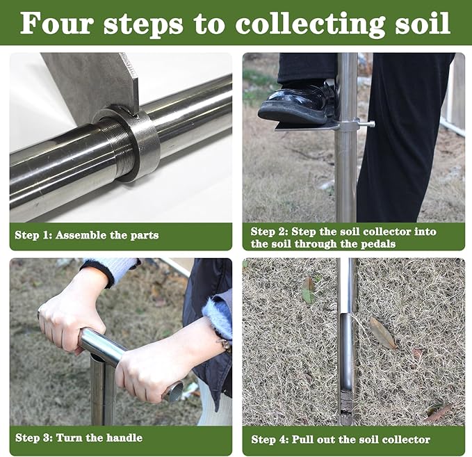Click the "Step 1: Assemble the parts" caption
(x=86, y=235)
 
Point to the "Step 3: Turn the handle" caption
(x=79, y=438)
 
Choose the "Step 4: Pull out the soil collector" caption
(x=340, y=439)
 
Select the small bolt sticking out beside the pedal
(x=366, y=124)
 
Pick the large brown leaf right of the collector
(x=382, y=333)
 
